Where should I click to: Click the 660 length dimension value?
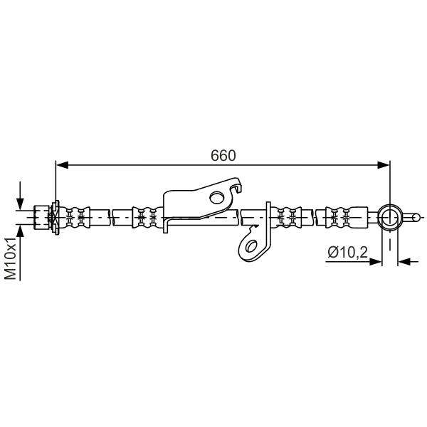[223, 156]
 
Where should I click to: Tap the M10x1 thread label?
[11, 258]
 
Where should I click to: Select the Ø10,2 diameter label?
[348, 252]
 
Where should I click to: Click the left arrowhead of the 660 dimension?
[62, 165]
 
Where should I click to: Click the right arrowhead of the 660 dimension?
[384, 165]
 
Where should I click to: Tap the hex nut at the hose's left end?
[42, 217]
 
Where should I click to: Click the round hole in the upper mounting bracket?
[217, 197]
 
